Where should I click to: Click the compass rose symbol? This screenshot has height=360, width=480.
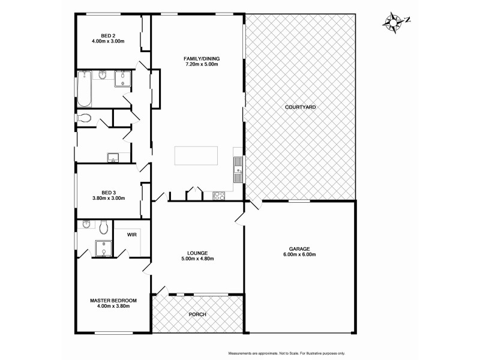[395, 22]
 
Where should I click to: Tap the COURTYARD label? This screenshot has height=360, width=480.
[301, 107]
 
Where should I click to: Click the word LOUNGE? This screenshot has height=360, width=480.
[197, 253]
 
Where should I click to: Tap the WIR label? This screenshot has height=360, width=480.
[131, 235]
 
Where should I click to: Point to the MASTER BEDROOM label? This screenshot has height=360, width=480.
[113, 300]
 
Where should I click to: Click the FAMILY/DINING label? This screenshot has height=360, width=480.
[202, 58]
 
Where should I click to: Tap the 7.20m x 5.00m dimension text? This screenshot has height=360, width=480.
[202, 65]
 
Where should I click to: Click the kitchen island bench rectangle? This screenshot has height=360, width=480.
[197, 156]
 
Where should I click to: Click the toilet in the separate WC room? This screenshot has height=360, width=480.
[83, 118]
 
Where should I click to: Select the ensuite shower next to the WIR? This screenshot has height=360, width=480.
[104, 248]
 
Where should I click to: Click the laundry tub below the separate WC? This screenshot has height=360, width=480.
[113, 158]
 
